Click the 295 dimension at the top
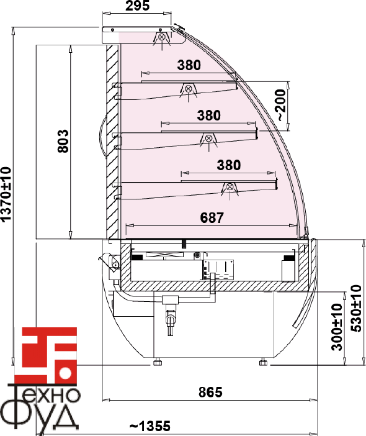[x=137, y=6]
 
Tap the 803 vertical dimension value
[x=63, y=141]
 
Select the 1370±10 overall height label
[x=6, y=194]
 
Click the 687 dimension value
[x=212, y=218]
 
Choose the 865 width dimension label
[x=210, y=392]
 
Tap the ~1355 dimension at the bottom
[x=150, y=425]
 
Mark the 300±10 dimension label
[x=337, y=327]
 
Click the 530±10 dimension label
[x=356, y=309]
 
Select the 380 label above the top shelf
[x=189, y=65]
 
